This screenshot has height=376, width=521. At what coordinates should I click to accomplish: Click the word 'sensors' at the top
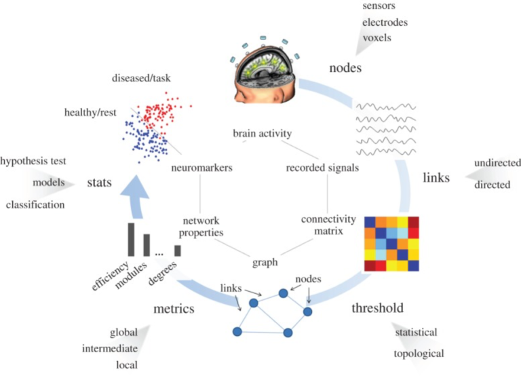click(379, 6)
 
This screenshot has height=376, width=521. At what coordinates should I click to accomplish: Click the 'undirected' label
click(497, 163)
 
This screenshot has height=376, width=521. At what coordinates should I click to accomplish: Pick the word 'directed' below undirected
click(492, 184)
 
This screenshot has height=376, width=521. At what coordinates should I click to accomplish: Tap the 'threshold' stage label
click(377, 308)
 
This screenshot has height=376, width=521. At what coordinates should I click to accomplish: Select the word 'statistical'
click(416, 333)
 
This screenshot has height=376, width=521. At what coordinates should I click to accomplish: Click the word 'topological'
click(419, 354)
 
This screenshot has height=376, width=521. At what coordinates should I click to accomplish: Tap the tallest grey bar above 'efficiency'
click(131, 240)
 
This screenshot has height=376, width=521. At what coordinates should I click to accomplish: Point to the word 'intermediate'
click(110, 350)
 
